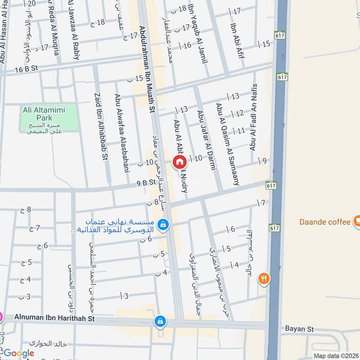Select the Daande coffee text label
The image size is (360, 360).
pos(325,222)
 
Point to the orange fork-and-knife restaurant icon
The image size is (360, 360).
pos(264,279)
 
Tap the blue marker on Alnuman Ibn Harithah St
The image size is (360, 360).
pos(160,321)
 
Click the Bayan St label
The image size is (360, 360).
pos(299,329)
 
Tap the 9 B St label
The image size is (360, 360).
pos(146,183)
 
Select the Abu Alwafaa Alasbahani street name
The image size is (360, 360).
pos(121,133)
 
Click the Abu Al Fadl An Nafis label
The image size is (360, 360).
pos(253,117)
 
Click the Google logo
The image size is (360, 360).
pos(19,354)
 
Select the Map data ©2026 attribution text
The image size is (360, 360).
pos(335,356)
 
